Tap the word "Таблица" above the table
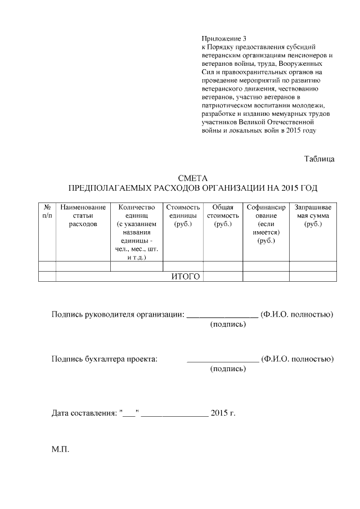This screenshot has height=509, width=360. click(319, 159)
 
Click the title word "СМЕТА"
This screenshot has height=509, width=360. click(193, 178)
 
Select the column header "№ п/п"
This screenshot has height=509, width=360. click(47, 211)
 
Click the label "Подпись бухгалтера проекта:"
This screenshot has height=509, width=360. click(105, 359)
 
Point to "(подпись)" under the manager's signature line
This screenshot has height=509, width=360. click(228, 325)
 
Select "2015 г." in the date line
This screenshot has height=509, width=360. click(223, 413)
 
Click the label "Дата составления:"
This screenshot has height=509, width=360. click(85, 413)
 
